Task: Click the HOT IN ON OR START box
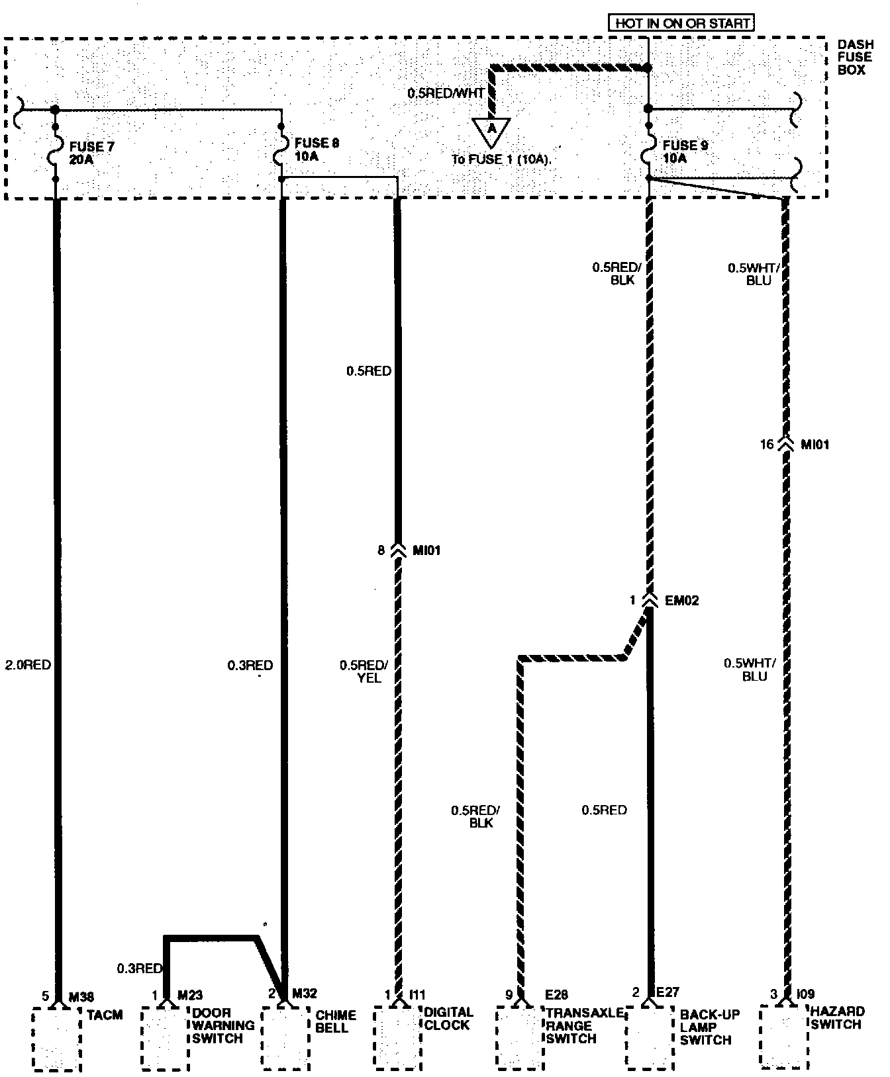682,23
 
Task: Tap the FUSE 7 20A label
91,153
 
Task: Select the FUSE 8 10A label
317,150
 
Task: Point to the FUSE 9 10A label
685,152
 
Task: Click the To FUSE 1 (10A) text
501,159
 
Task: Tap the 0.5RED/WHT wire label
446,94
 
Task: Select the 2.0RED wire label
28,665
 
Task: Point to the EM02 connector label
681,601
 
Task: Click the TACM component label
105,1015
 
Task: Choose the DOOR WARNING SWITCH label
223,1025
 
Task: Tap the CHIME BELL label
336,1021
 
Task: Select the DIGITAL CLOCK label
449,1019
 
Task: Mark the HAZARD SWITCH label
837,1018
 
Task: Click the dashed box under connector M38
57,1039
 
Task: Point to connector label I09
806,994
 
